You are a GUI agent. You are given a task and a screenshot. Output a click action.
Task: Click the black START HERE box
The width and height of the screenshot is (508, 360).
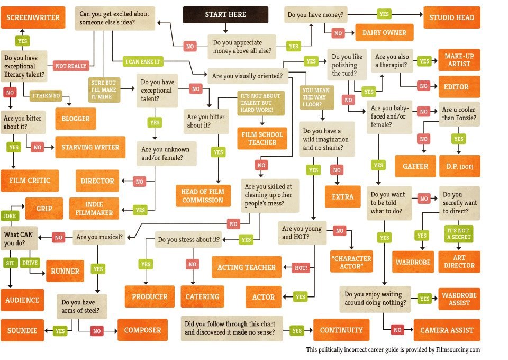point(225,15)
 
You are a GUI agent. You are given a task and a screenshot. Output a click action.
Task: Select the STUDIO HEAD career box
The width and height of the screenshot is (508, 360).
point(451,17)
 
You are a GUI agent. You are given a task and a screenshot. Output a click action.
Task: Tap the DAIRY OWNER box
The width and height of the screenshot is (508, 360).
point(384,32)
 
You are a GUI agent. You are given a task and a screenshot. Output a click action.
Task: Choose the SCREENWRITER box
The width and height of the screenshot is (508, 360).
point(33,17)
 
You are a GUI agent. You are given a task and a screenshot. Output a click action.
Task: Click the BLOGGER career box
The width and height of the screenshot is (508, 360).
point(76,119)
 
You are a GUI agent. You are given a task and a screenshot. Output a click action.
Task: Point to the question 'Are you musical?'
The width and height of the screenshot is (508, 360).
point(99,237)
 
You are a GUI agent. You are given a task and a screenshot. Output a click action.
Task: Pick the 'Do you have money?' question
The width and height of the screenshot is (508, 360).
point(315,15)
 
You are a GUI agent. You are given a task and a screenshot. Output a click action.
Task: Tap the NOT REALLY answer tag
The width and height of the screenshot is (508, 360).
point(71,66)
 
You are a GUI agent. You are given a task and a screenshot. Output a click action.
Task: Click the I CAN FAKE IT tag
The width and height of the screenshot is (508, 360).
point(143,61)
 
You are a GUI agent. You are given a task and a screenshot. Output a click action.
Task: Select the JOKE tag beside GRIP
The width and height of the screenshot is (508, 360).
point(10,216)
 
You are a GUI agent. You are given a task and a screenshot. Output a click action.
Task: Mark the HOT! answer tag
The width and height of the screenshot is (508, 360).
point(301,268)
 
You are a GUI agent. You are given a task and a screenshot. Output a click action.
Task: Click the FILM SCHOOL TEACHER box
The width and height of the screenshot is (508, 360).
point(262,138)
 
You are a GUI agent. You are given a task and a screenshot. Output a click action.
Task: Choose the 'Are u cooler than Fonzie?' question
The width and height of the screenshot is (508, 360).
point(459,114)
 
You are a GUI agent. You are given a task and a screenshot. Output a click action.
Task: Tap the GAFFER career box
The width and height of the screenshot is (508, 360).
point(415,166)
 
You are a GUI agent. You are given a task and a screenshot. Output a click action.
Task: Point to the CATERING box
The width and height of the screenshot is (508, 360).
point(202,296)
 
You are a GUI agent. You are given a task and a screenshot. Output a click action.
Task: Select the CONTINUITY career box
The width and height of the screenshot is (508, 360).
point(341,330)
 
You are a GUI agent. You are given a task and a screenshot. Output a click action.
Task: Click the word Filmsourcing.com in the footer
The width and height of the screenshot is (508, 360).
point(458,349)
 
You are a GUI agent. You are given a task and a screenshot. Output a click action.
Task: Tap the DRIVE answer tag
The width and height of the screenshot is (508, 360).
point(30,263)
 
